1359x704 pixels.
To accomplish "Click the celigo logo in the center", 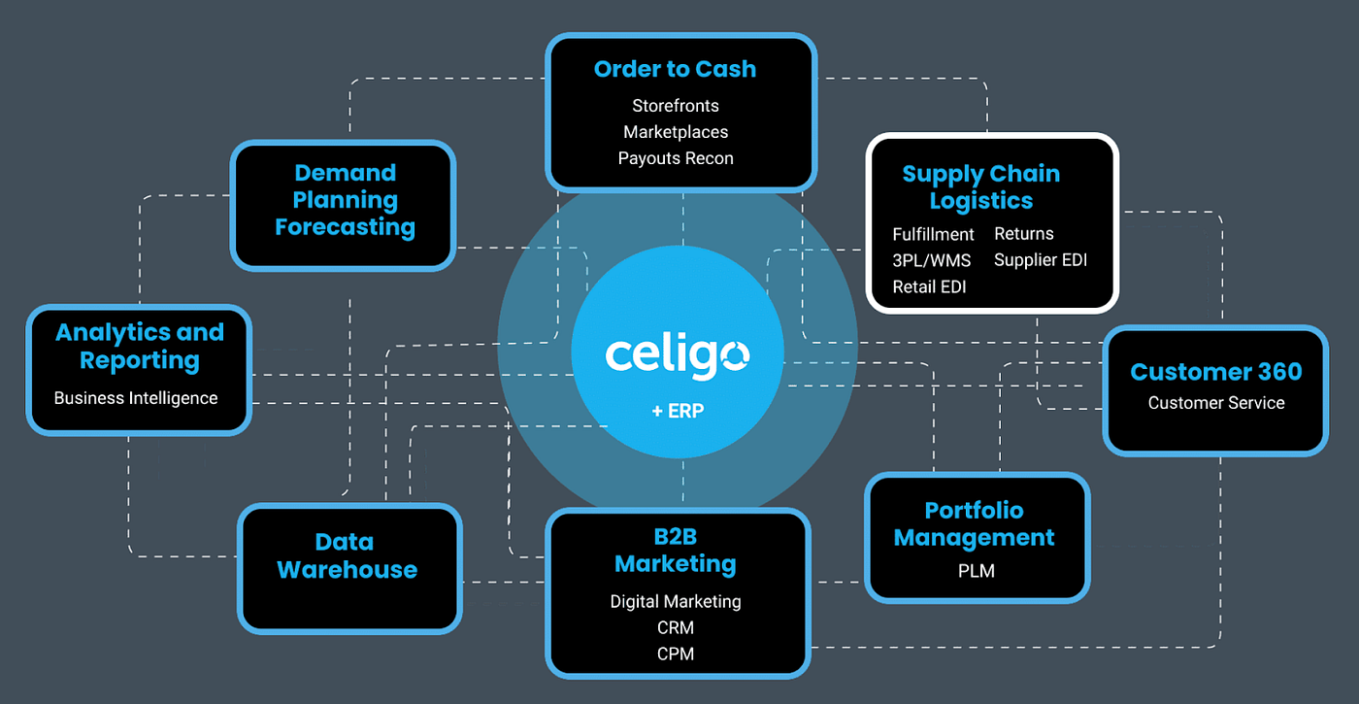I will click(677, 354).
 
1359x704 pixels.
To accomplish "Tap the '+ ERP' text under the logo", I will click(678, 411).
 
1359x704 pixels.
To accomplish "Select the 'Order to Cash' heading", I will click(675, 70).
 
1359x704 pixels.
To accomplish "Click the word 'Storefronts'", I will click(676, 106).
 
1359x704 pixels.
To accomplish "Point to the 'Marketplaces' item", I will click(676, 132).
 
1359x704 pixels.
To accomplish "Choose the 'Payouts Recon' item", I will click(676, 158).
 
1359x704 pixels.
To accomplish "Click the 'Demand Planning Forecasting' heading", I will click(345, 200).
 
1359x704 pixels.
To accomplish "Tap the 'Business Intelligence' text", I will click(136, 398).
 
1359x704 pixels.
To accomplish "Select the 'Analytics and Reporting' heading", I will click(140, 346).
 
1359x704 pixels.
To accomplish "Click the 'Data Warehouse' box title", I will click(347, 556).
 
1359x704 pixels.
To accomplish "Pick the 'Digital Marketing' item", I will click(676, 602).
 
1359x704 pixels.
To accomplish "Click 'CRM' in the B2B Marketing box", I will click(676, 628).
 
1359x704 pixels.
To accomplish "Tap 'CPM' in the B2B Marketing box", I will click(676, 654).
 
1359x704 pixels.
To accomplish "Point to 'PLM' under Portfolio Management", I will click(976, 571).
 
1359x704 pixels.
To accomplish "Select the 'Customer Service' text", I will click(1216, 403).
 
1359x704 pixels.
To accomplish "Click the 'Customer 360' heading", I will click(1216, 372).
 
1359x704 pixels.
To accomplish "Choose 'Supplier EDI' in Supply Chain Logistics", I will click(1041, 260).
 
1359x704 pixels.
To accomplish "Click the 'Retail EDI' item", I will click(929, 286).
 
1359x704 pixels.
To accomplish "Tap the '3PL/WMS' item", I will click(931, 260).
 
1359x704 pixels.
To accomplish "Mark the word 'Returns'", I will click(1023, 234).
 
